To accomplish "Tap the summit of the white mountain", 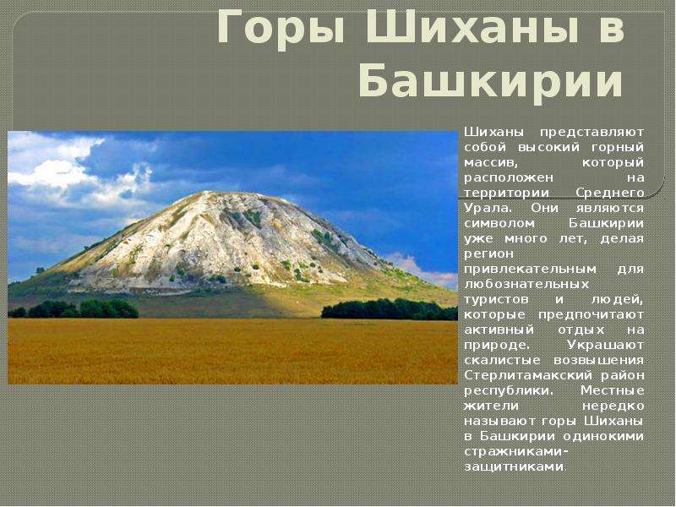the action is tap(207, 193).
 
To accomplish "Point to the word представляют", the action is tap(592, 133).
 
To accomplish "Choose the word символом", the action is tap(499, 224).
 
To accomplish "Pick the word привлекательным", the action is tap(531, 270).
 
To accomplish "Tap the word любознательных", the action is tap(526, 284).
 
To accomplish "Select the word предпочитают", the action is tap(591, 315).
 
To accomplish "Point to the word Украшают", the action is tap(605, 346).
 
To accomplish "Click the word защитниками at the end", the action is tap(514, 467).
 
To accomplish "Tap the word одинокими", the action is tap(603, 436).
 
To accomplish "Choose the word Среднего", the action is tap(609, 194).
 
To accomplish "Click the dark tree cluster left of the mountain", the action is tap(74, 309).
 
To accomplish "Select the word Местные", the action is tap(612, 391).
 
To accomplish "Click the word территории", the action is tap(506, 194).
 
